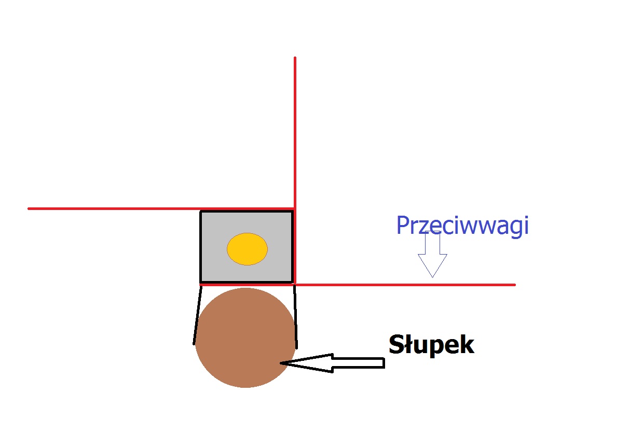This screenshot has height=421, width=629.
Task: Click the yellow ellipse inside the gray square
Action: (247, 249)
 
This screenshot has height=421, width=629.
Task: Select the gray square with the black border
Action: (247, 247)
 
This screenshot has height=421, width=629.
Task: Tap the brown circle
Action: (245, 338)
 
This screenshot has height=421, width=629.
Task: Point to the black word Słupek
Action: (432, 345)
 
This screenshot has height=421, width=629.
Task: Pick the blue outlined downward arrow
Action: (432, 255)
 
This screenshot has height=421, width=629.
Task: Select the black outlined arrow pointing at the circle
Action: (333, 363)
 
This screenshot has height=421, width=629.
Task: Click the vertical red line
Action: (295, 171)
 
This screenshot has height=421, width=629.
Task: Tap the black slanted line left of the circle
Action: (197, 315)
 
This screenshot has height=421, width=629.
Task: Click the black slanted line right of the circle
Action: (295, 317)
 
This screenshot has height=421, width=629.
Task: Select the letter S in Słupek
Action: (396, 344)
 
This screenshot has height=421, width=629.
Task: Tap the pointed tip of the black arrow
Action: (280, 363)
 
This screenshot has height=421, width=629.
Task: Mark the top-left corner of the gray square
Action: (200, 211)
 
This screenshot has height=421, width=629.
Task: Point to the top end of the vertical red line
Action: (295, 58)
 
